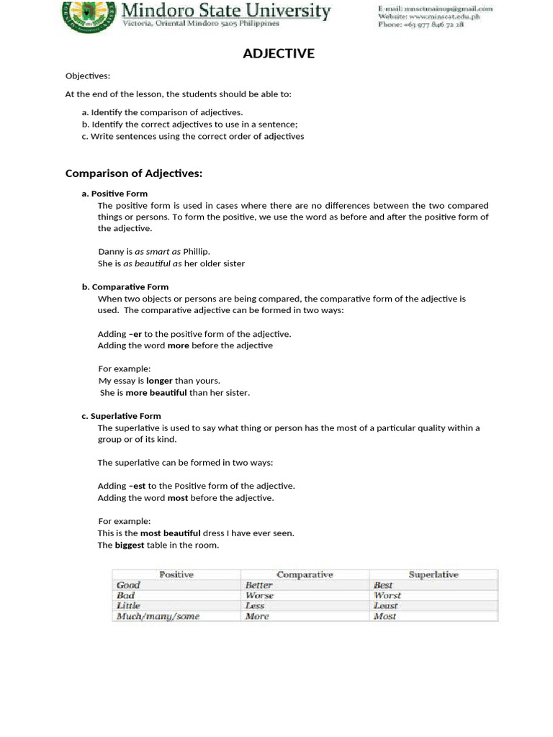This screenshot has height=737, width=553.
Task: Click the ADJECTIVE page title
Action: [278, 53]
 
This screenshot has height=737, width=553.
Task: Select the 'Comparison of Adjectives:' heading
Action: [134, 173]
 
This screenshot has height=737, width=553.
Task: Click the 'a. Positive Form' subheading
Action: [114, 194]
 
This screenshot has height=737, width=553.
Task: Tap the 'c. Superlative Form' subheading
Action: [121, 416]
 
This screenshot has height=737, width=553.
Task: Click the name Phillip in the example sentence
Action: [197, 251]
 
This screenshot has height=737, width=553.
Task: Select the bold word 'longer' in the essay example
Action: [159, 381]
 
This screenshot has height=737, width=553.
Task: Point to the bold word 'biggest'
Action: [130, 545]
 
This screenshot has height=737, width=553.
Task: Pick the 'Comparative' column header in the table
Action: [305, 574]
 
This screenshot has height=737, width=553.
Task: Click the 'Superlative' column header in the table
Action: [433, 574]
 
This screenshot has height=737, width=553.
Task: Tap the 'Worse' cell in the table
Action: [259, 595]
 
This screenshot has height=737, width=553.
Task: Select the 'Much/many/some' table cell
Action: [158, 616]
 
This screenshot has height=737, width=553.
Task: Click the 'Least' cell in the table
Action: [385, 606]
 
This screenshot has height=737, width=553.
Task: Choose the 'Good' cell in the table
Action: [128, 585]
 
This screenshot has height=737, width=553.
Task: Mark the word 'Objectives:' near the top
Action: [88, 76]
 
